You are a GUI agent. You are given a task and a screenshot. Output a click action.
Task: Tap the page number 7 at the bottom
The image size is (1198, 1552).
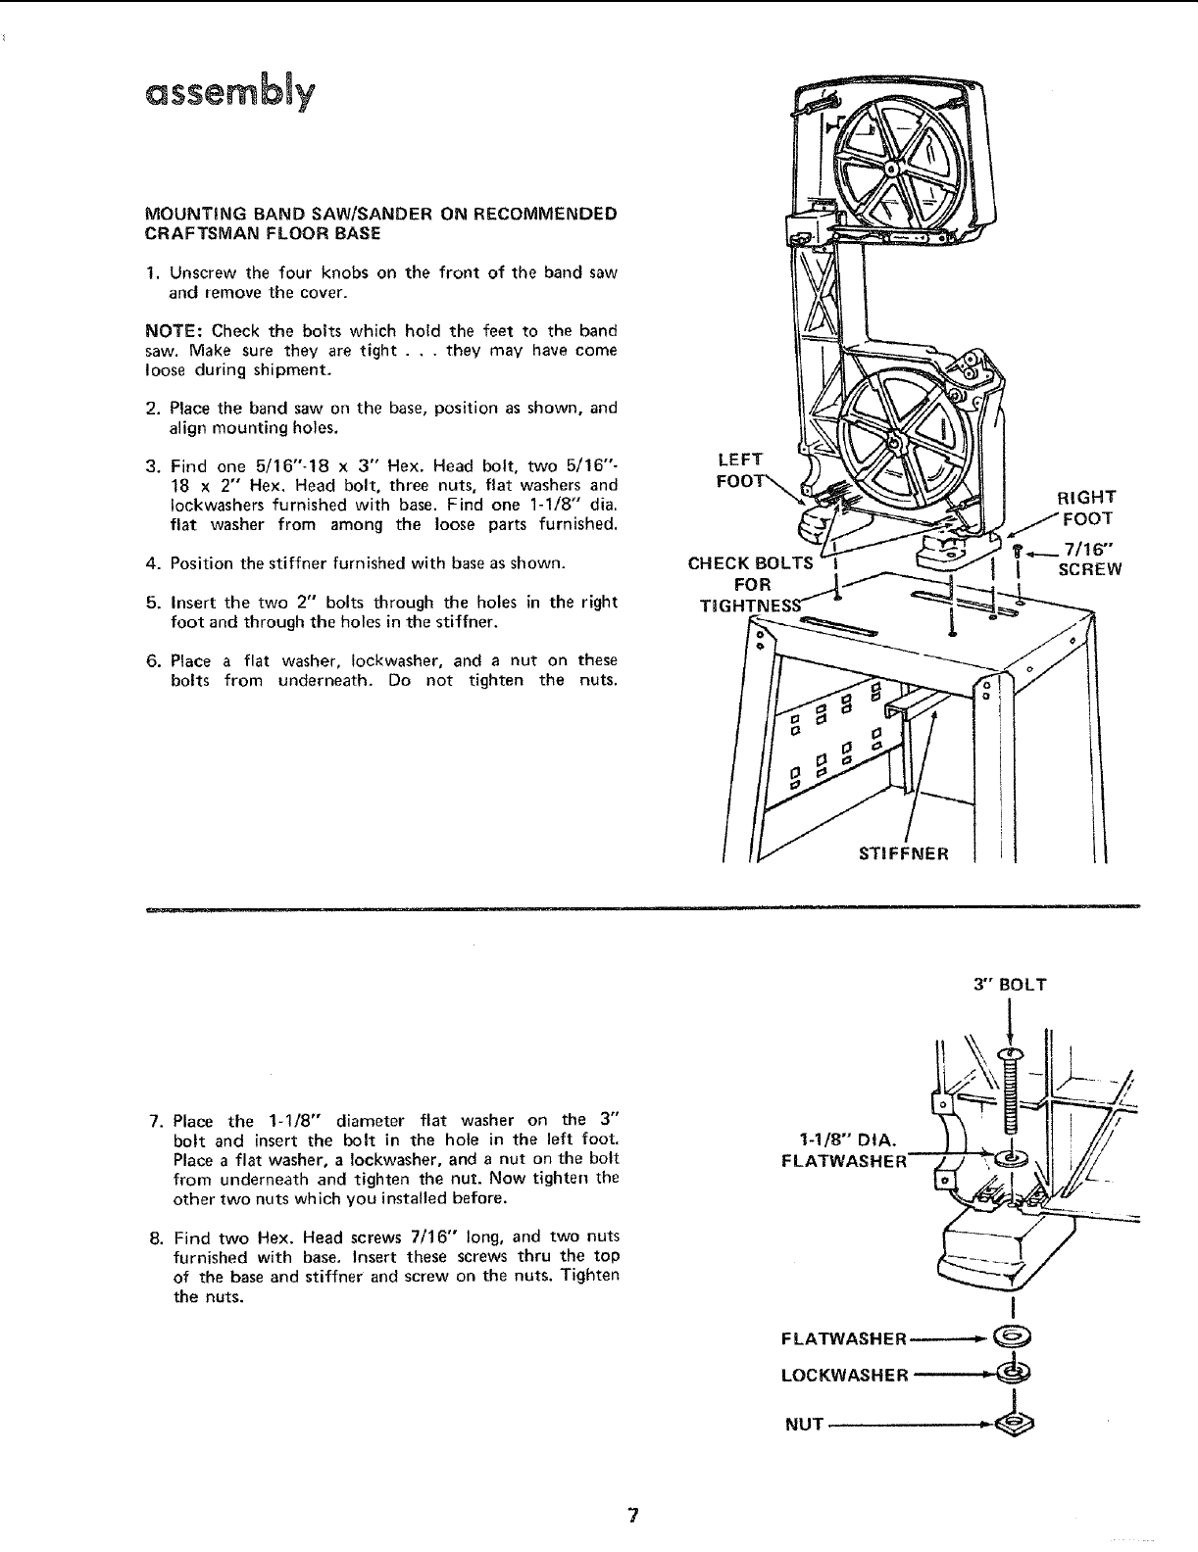pos(633,1515)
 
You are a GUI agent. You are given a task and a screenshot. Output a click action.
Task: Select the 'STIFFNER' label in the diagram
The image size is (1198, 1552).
pos(903,852)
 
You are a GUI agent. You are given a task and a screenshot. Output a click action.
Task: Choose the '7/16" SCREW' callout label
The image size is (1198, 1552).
pos(1088,559)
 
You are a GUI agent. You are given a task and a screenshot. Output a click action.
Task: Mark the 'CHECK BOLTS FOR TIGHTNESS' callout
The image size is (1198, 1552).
pos(751,584)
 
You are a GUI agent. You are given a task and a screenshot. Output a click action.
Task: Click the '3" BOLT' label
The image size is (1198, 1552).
pos(1010,984)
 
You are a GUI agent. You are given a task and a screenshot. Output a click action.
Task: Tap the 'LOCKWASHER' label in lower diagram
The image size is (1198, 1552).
pos(845,1375)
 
